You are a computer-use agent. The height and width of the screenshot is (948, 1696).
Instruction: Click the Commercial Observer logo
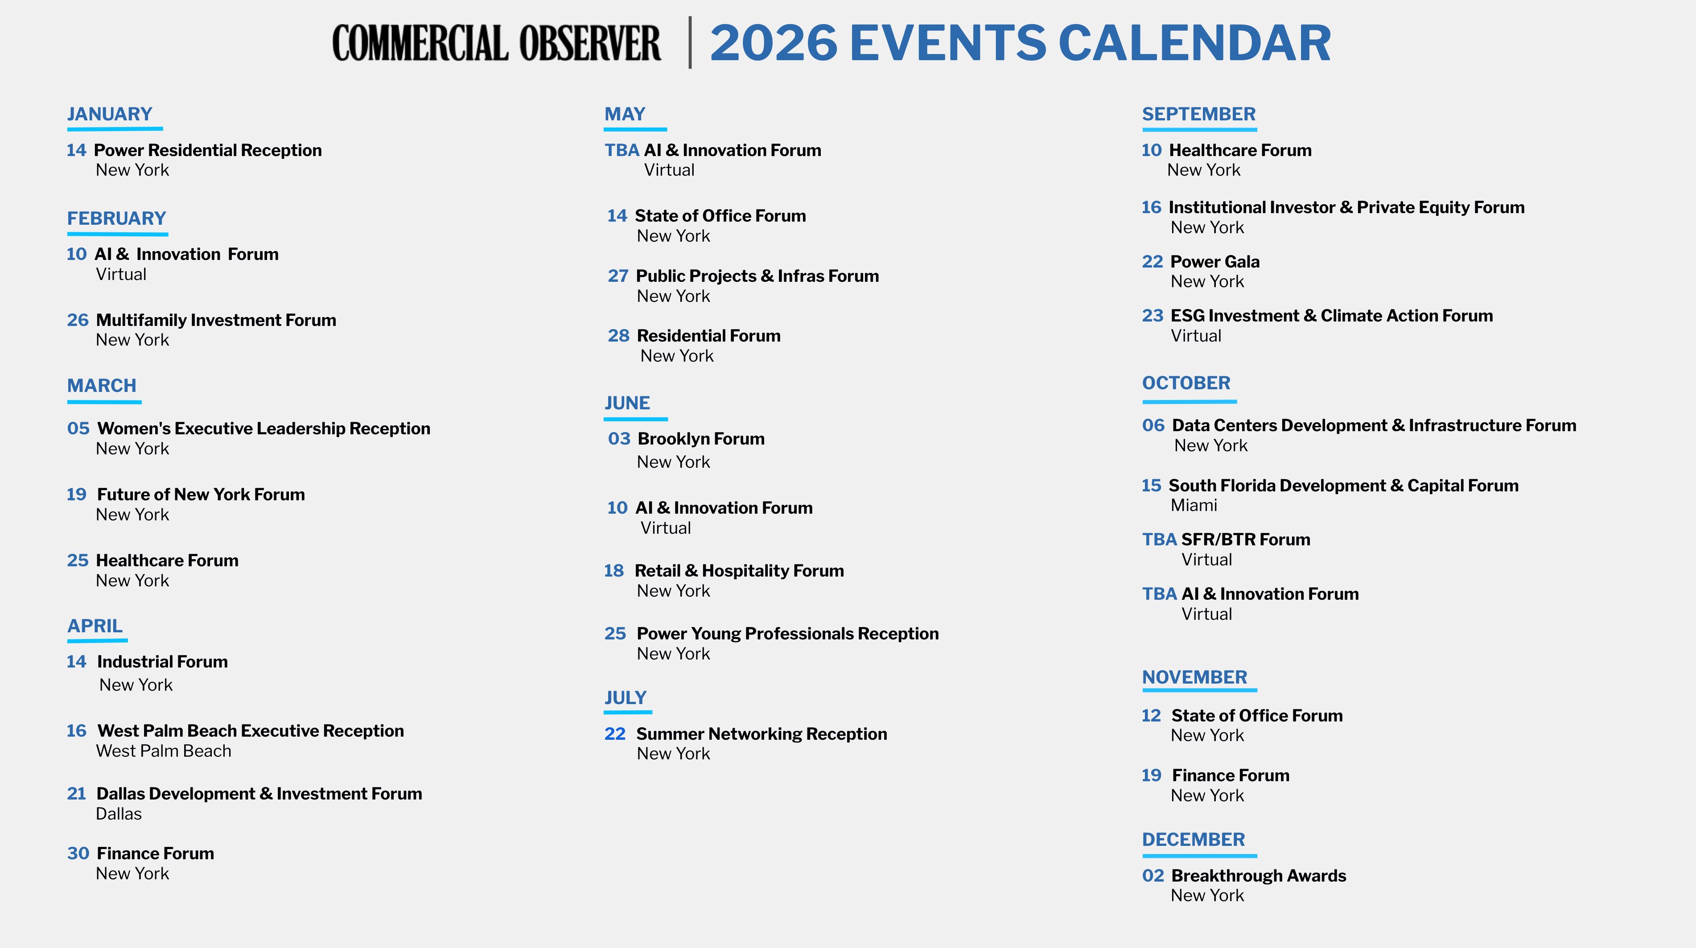click(496, 43)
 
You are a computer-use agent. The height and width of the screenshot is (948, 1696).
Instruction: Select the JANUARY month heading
click(110, 114)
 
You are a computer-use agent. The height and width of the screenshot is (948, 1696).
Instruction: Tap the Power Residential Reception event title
click(208, 150)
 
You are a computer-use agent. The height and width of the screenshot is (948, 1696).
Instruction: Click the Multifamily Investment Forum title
click(216, 320)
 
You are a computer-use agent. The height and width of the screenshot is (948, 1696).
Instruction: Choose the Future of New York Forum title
click(201, 495)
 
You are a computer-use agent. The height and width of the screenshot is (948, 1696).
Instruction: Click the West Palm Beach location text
click(163, 751)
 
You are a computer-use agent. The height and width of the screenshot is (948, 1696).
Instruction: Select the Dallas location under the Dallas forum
click(119, 814)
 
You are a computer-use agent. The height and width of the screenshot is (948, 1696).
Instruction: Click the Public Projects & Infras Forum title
click(757, 276)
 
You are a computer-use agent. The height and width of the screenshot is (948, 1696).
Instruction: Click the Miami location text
click(1194, 506)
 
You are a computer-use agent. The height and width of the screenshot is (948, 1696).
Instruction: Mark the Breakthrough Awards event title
click(1259, 876)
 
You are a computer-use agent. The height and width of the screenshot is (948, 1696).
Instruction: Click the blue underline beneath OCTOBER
click(1189, 401)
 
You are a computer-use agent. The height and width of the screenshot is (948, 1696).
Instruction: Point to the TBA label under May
click(622, 150)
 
